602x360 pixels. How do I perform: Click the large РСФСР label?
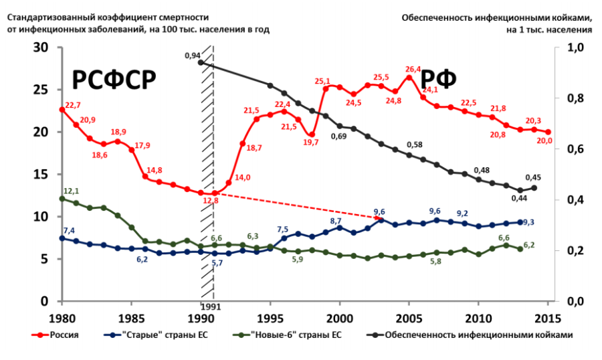point(114,80)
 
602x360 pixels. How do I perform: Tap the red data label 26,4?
point(413,70)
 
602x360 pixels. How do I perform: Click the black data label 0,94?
point(193,56)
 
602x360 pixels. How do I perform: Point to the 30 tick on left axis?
point(41,48)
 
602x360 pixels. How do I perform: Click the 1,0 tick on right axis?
point(575,48)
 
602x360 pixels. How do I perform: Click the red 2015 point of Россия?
point(548,132)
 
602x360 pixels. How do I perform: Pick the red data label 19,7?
point(310,143)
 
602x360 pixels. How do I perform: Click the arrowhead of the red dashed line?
point(380,217)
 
